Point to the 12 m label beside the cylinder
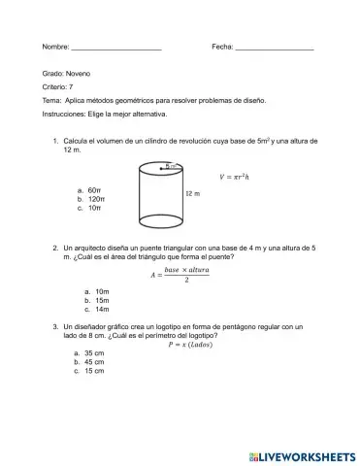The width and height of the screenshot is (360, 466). (193, 194)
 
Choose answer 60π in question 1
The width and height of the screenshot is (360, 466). (95, 189)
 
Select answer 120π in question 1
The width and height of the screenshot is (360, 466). (97, 198)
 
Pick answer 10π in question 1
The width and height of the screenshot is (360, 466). (95, 208)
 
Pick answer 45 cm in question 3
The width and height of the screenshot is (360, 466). (94, 362)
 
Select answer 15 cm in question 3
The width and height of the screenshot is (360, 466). (94, 371)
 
